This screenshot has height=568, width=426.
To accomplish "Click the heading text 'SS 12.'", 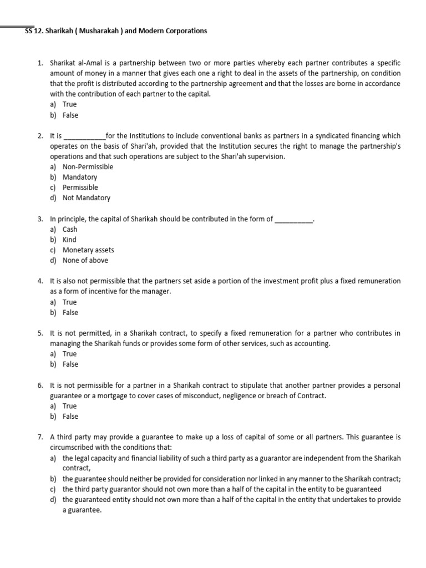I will [x=36, y=31].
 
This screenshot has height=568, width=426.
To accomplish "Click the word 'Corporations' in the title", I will [x=185, y=31].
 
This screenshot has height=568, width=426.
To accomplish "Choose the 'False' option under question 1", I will [x=70, y=115].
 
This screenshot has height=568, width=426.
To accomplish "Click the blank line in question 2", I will [x=85, y=136].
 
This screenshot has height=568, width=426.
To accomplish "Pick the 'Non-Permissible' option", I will [x=88, y=167].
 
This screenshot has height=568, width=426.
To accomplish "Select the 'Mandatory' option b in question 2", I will [x=80, y=177].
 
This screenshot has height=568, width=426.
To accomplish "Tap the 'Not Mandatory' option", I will [x=87, y=198].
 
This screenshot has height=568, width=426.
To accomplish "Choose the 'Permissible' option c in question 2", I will [x=80, y=187].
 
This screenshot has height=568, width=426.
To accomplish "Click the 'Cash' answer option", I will [x=70, y=230].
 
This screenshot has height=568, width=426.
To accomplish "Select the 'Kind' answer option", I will [x=69, y=240].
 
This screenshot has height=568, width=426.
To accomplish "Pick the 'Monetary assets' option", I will [x=88, y=250].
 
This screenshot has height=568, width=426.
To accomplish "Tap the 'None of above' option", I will [x=85, y=261].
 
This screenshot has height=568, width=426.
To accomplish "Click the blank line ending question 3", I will [x=294, y=219].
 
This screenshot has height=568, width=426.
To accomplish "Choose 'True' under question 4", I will [x=70, y=302].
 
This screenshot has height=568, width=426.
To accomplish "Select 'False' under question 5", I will [x=70, y=364].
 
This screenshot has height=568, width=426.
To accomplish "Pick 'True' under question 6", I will [x=70, y=406].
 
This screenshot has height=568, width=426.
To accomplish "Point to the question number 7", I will [x=40, y=437].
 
